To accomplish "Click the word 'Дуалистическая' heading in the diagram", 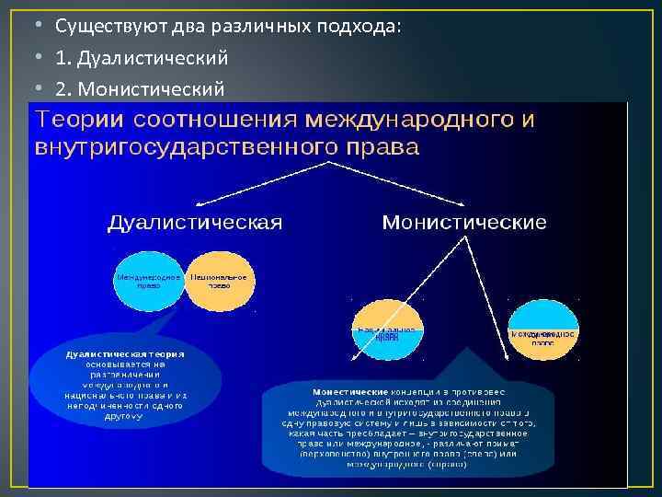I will (x=195, y=224).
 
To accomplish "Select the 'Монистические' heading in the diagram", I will (x=463, y=224).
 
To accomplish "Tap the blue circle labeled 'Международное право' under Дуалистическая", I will (x=149, y=281).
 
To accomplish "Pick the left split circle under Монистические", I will (x=388, y=332).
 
